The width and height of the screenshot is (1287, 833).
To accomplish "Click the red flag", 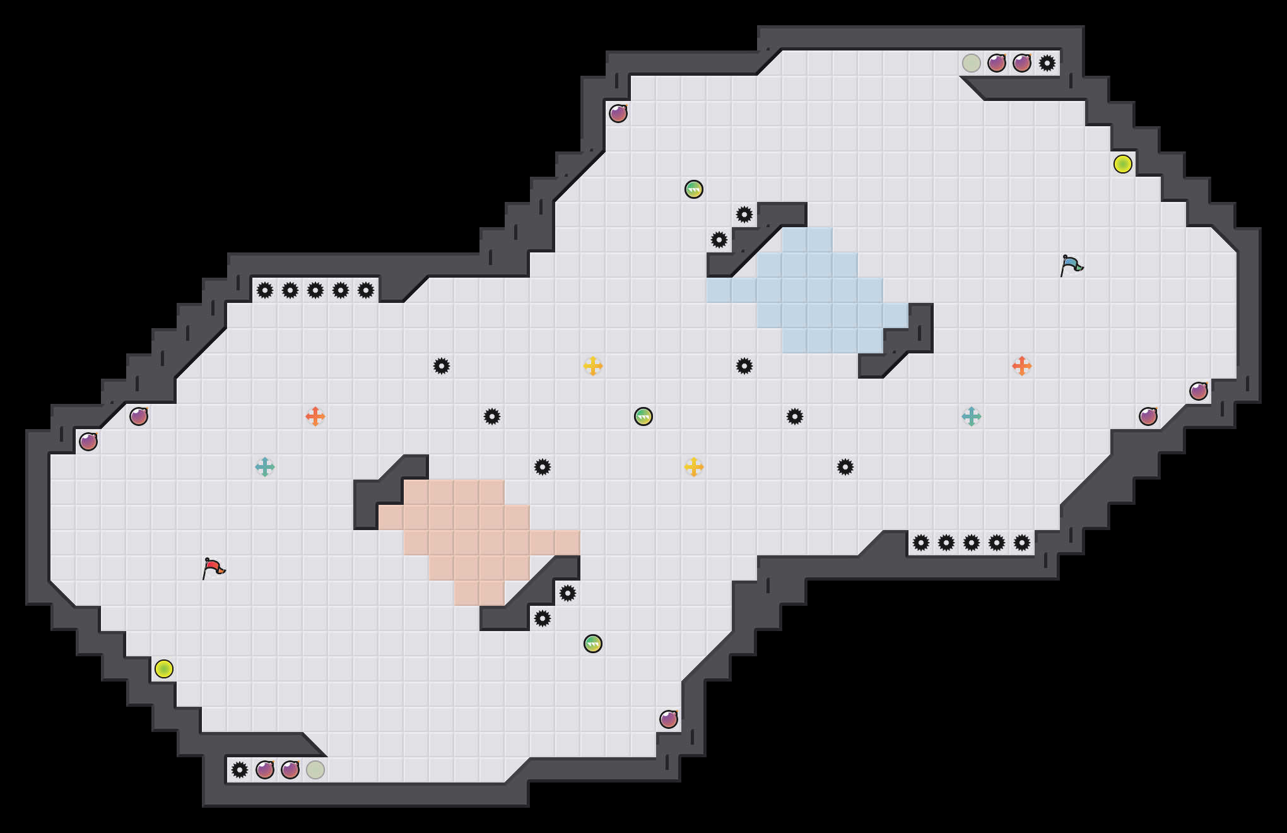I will click(x=213, y=568).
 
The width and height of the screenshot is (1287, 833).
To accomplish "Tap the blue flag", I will click(x=1071, y=265).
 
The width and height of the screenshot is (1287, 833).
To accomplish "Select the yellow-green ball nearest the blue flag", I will click(x=1123, y=164).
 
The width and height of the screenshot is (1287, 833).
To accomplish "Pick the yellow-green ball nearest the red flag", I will click(x=164, y=669).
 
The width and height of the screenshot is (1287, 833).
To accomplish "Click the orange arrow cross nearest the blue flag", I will click(x=1022, y=366).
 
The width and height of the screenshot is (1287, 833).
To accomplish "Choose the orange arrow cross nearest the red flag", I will click(x=315, y=416).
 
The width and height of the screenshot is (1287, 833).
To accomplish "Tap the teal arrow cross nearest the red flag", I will click(x=265, y=467).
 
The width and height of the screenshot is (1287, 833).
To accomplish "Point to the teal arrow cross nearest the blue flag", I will click(x=972, y=416).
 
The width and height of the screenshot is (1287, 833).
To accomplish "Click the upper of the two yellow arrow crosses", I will click(x=593, y=366).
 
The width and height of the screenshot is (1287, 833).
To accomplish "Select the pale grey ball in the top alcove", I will click(x=972, y=63).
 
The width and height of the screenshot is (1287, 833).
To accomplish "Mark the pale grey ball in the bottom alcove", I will click(x=315, y=770).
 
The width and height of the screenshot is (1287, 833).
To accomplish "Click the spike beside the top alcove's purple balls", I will click(x=1047, y=63).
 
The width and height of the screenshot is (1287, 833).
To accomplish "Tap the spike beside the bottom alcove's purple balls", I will click(x=240, y=770).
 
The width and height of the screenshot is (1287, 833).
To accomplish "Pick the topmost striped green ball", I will click(x=694, y=189).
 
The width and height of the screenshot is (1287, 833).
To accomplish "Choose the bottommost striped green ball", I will click(x=593, y=644).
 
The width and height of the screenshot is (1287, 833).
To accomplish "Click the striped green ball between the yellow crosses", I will click(x=643, y=416).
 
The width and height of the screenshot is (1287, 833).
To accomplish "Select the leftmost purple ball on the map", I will click(x=88, y=442).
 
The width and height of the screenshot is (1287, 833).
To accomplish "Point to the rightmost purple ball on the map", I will click(x=1199, y=391).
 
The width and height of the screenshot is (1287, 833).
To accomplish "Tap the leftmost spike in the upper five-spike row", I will click(x=265, y=290).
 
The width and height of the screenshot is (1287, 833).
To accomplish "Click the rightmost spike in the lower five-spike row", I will click(x=1022, y=543).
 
